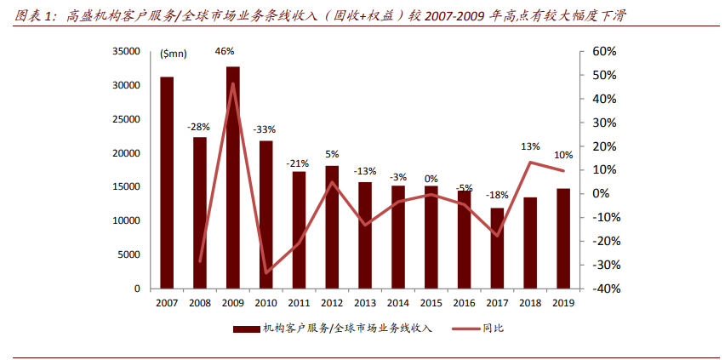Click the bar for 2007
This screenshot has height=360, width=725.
tap(167, 182)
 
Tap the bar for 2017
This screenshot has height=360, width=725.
tap(497, 248)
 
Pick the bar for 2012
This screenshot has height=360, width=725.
tap(332, 226)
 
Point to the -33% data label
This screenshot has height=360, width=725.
tap(265, 129)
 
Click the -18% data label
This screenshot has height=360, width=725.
tap(497, 195)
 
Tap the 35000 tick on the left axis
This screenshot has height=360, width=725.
tap(125, 52)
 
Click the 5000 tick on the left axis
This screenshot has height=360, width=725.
tap(128, 254)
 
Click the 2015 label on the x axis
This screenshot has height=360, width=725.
tap(431, 302)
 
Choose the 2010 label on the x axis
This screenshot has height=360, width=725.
tap(265, 302)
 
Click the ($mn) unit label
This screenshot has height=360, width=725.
tap(174, 54)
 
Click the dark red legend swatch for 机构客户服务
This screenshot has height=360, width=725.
tap(247, 328)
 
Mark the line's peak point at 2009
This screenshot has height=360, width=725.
tap(232, 84)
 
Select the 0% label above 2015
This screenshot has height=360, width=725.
tap(431, 179)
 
